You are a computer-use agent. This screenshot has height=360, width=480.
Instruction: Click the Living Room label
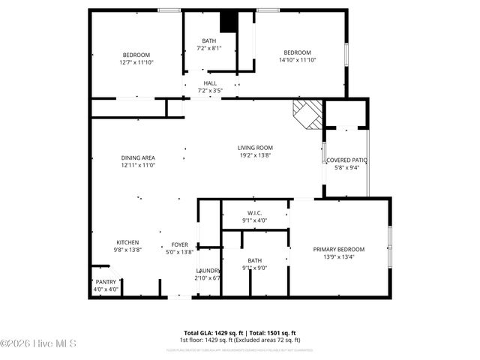(x=255, y=148)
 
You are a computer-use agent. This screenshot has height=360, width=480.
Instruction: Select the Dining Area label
(x=138, y=157)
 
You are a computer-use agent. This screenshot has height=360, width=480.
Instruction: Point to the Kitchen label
(x=127, y=242)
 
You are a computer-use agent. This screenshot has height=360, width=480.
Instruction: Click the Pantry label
(x=106, y=282)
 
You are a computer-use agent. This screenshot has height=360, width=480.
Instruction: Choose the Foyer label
(x=180, y=244)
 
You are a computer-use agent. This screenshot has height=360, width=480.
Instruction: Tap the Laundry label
(x=208, y=271)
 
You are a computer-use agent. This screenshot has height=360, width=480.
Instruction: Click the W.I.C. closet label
(x=255, y=213)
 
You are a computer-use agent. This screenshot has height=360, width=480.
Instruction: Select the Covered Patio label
(x=346, y=160)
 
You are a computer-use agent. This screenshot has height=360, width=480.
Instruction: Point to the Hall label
(x=210, y=83)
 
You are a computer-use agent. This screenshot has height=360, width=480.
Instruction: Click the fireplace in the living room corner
(x=307, y=114)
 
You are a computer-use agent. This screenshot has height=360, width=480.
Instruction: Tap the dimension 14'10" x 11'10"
(x=298, y=60)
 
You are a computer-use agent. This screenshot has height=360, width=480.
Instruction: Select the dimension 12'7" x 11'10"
(x=136, y=62)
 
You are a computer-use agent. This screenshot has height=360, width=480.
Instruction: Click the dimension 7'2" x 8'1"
(x=210, y=48)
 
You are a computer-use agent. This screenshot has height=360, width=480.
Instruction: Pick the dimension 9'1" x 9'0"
(x=255, y=268)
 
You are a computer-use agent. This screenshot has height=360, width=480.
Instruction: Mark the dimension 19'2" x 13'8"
(x=255, y=156)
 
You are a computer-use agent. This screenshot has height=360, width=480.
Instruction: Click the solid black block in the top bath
(x=228, y=22)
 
